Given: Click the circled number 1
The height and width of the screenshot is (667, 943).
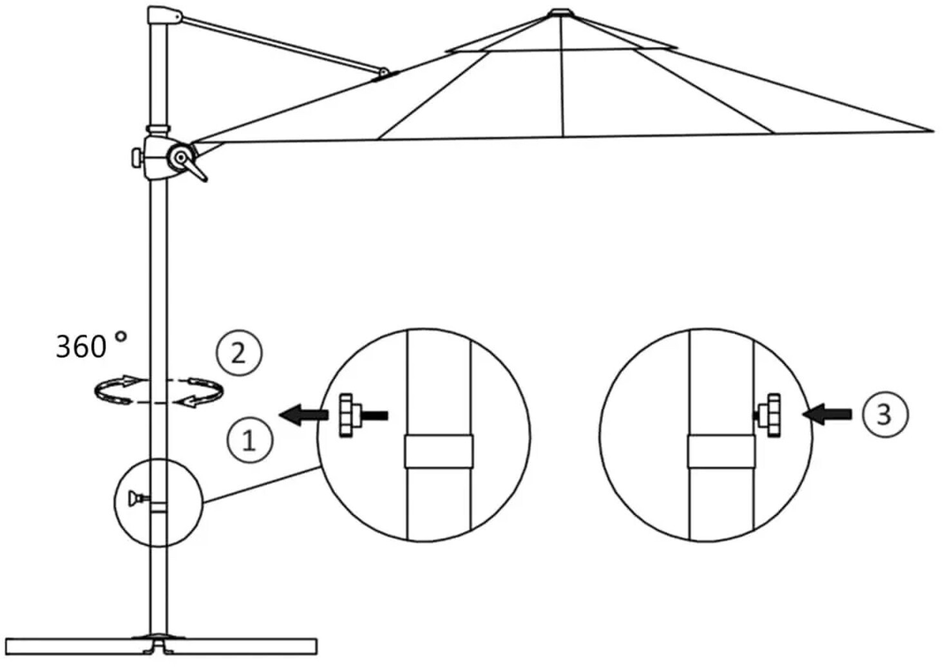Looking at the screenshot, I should click(249, 440).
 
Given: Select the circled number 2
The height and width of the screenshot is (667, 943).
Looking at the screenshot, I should click(238, 353).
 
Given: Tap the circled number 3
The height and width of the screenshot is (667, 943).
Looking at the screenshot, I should click(884, 414).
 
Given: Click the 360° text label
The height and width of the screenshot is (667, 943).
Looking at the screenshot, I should click(91, 346).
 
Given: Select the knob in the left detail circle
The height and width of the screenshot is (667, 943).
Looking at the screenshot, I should click(348, 416).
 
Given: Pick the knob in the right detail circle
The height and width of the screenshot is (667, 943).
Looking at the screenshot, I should click(769, 414).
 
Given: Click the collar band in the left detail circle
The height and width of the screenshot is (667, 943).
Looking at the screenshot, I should click(439, 451).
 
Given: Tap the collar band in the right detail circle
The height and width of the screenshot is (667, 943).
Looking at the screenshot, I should click(720, 451).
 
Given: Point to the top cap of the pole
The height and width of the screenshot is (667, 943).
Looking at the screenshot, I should click(162, 15).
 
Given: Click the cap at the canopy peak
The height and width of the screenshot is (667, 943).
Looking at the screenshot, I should click(559, 12).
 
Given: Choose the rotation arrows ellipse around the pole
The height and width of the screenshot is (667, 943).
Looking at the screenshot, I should click(158, 390).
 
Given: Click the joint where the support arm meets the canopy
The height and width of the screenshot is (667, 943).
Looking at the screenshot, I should click(385, 74).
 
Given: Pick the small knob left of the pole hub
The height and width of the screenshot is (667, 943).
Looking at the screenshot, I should click(137, 157).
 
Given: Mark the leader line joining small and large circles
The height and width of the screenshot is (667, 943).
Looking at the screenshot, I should click(261, 485).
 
